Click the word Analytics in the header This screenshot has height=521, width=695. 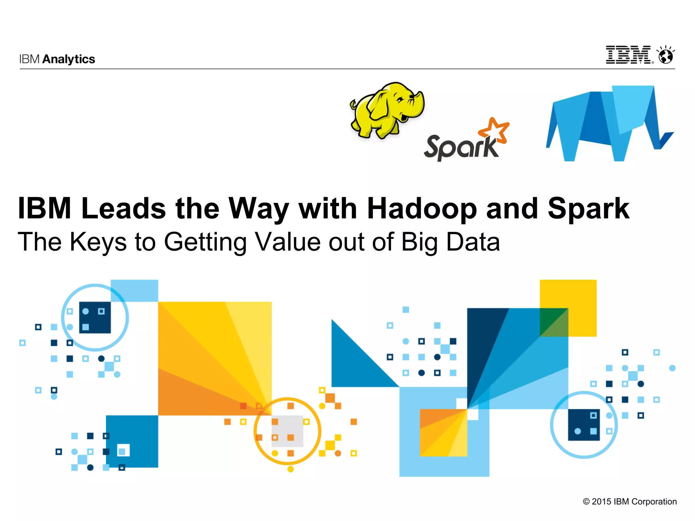coord(69,59)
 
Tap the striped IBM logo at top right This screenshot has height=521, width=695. coord(628,55)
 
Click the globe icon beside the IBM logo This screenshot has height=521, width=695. coord(666,56)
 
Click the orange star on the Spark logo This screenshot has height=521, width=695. coord(494,131)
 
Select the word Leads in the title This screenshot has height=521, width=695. coord(124,208)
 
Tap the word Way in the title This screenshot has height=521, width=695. coord(259,209)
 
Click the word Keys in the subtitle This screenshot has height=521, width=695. coord(98,242)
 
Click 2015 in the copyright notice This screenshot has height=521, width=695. coord(601,502)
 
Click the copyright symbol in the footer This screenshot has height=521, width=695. coord(586,502)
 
